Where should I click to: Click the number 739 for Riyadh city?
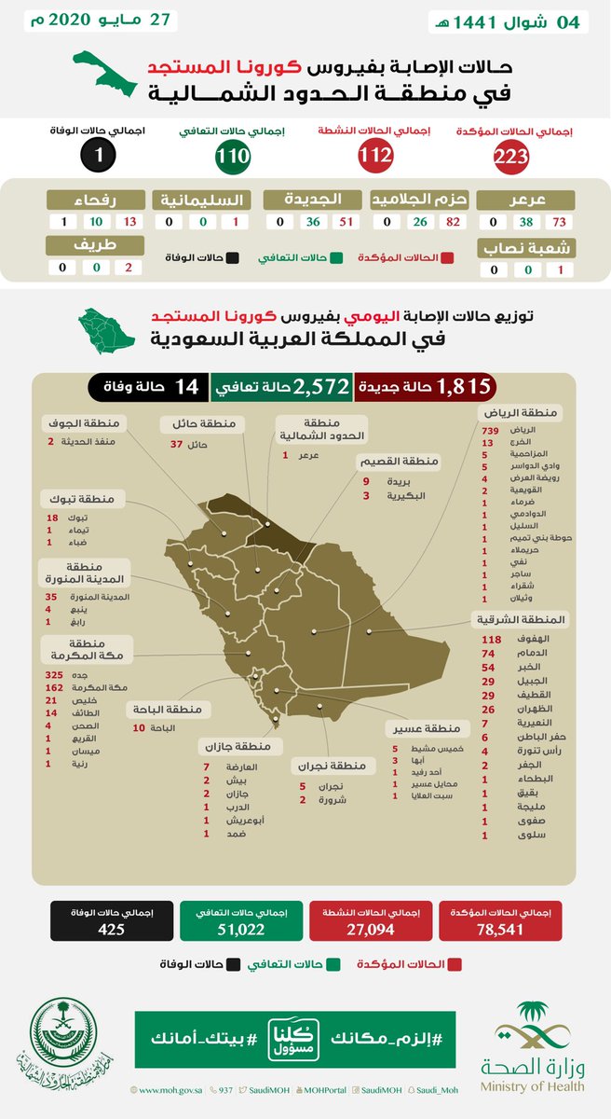coord(491,427)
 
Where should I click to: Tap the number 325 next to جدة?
coord(55,674)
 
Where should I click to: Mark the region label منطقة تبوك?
coord(77,499)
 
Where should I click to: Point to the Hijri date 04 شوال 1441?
coord(505,22)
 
